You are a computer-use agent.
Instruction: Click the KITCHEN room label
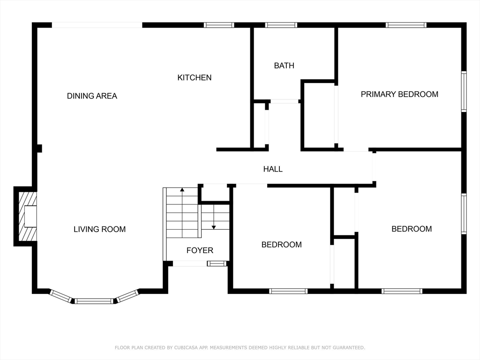(x=195, y=77)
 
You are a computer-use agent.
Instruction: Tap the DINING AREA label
(x=92, y=96)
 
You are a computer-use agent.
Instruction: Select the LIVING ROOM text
(x=99, y=229)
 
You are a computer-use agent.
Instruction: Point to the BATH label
(x=284, y=66)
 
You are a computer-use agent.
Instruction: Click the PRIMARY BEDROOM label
(x=399, y=94)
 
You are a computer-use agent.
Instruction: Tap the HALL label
(x=273, y=169)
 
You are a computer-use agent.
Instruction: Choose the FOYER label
(x=200, y=250)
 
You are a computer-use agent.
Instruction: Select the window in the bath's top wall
(x=281, y=25)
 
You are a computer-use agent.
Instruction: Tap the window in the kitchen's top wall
(x=219, y=25)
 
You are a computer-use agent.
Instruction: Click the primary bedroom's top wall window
(x=406, y=25)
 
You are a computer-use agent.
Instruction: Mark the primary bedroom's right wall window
(x=464, y=91)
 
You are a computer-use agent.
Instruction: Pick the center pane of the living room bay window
(x=94, y=301)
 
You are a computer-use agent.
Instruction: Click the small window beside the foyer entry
(x=217, y=263)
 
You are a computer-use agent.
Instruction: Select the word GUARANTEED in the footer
(x=349, y=348)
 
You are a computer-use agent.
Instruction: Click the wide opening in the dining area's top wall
(x=97, y=25)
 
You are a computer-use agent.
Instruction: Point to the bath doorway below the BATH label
(x=285, y=101)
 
